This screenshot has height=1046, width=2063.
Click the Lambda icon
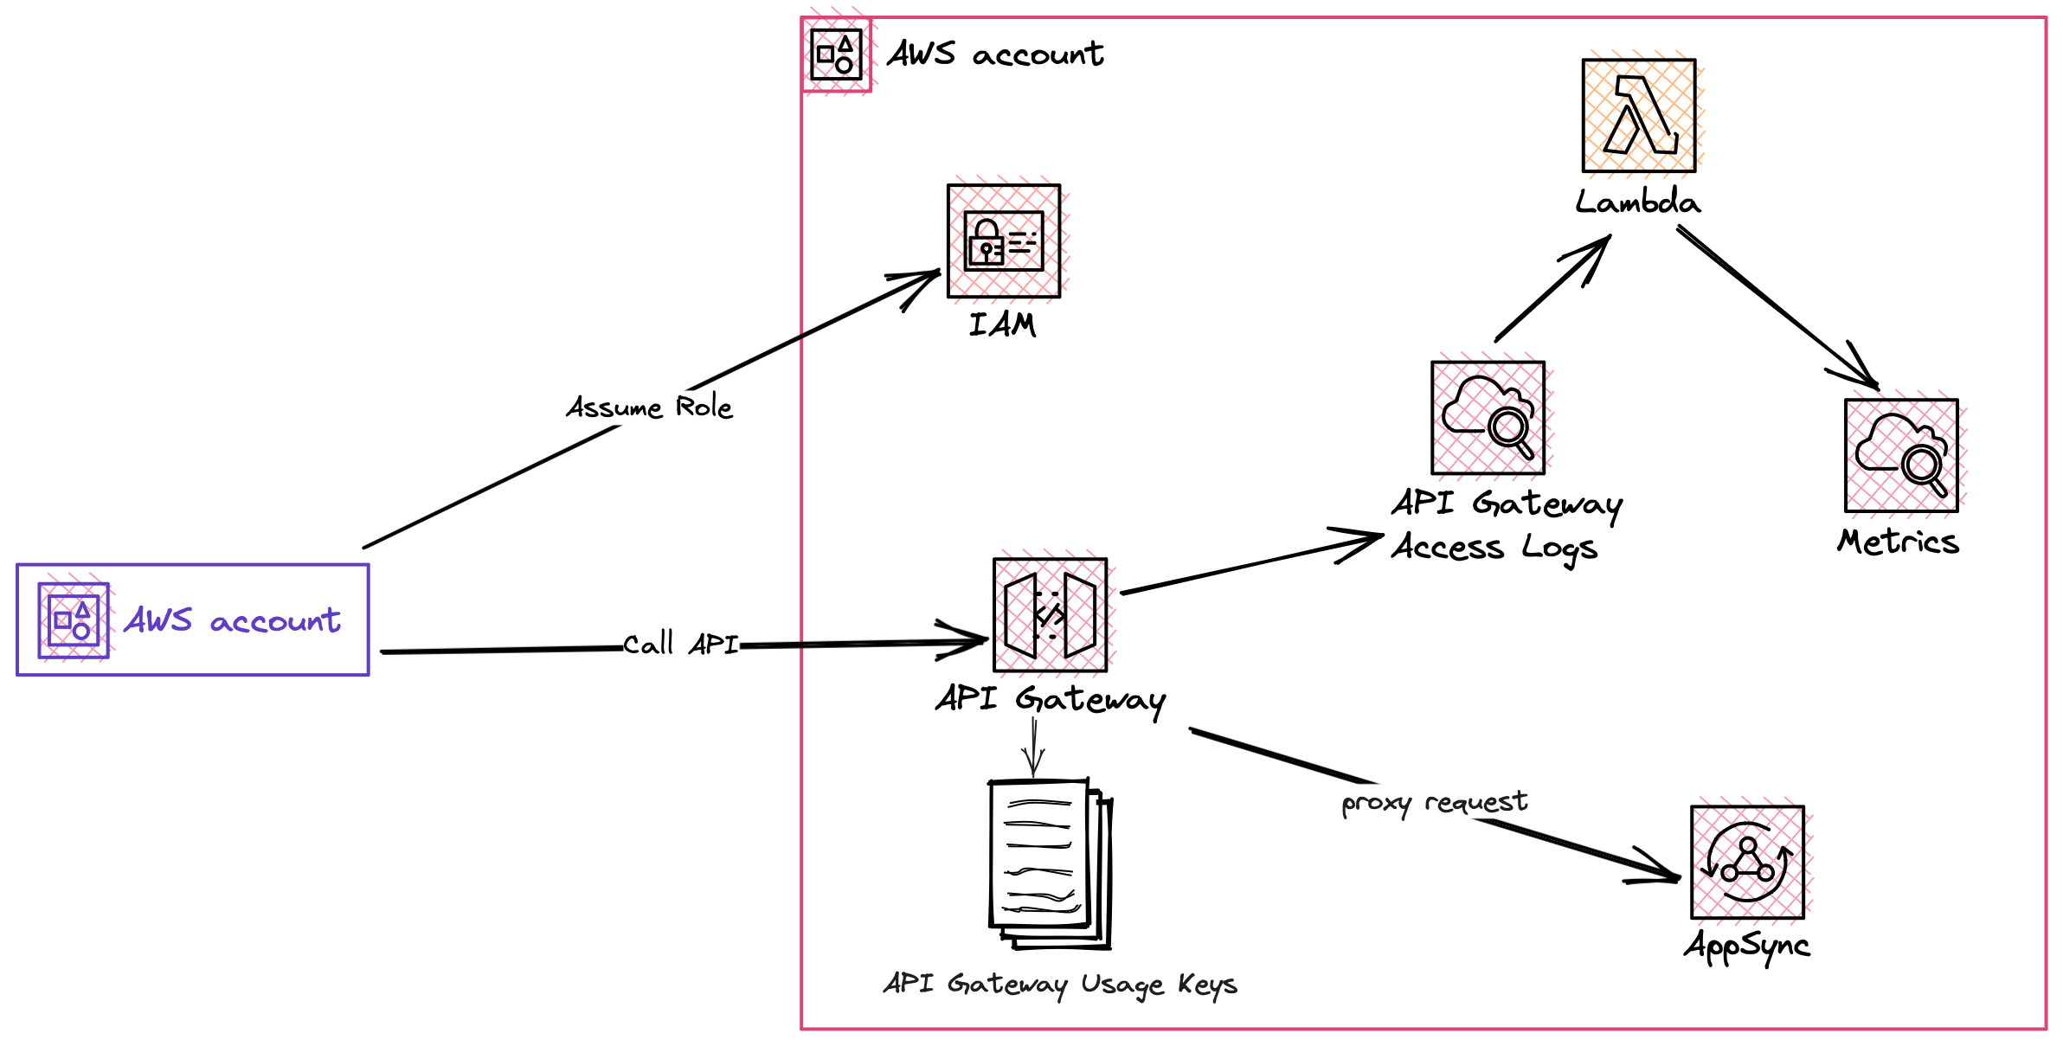1638,115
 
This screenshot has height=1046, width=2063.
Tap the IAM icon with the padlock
1004,241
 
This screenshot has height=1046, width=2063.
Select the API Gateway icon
1050,615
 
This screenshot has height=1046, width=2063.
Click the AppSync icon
1747,862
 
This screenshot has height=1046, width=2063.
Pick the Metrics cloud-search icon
1901,456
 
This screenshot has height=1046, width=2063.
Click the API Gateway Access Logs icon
1488,418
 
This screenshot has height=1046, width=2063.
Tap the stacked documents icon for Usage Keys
1050,863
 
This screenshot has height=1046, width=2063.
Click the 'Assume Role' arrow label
649,407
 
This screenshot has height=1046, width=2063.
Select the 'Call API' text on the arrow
680,644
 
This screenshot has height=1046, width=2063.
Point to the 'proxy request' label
1434,803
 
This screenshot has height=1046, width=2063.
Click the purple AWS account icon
74,620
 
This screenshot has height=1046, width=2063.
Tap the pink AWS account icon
836,55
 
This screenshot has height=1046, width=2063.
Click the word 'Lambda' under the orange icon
1637,202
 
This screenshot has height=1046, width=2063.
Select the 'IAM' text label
1002,324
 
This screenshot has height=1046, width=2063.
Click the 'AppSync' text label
1746,946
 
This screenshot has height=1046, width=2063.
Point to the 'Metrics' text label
1898,542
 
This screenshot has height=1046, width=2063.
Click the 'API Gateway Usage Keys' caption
1060,985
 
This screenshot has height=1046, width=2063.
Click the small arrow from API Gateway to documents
1033,749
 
